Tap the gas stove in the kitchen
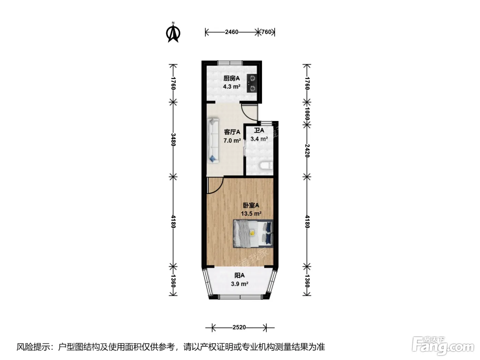tap(252, 83)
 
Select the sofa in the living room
tap(213, 141)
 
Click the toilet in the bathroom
tap(266, 166)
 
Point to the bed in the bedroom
tap(253, 233)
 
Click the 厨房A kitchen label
tap(231, 78)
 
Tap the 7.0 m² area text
tap(232, 140)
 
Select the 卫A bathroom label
tap(259, 131)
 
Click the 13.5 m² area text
tap(251, 213)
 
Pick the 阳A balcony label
tap(239, 275)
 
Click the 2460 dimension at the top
tap(231, 32)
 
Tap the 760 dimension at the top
tap(266, 32)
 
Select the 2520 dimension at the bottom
tap(239, 327)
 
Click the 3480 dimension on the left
tap(173, 140)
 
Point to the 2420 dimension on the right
tap(307, 151)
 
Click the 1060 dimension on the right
tap(307, 113)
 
